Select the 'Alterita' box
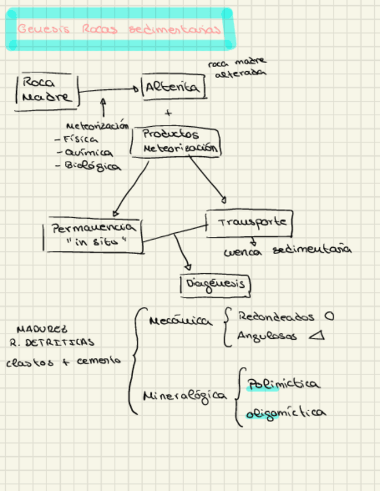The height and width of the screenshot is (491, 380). [173, 88]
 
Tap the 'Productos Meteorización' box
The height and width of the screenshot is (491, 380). [174, 141]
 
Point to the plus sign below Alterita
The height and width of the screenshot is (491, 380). [169, 113]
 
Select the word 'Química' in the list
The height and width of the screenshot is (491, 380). [89, 153]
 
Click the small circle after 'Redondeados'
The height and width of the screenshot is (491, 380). [329, 317]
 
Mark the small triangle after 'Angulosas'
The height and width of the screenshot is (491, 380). [317, 336]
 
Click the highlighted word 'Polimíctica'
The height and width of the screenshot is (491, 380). [283, 384]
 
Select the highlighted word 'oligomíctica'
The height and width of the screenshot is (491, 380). [285, 413]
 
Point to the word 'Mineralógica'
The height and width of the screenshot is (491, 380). [185, 395]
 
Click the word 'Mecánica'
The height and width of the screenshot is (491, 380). [180, 321]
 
